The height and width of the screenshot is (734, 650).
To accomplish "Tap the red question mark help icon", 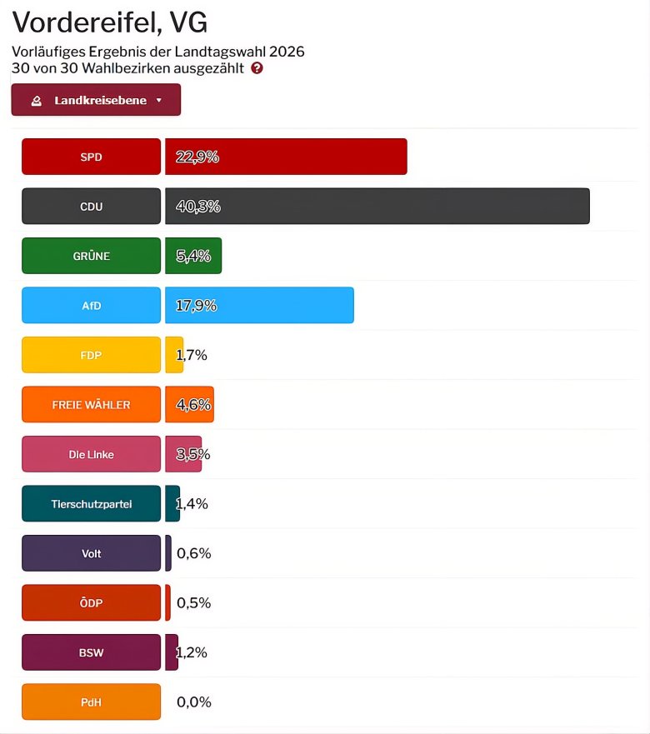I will point(257,68).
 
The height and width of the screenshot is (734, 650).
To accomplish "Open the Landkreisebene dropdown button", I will point(96,100).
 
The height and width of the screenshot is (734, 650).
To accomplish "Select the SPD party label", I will point(91,157).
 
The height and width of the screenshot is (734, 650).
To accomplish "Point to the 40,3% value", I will point(197,206).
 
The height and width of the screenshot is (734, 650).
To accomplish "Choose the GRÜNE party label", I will point(91,256).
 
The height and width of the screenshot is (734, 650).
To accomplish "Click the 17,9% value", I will point(196,305).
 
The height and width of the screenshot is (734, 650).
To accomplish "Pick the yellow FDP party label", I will point(91,355).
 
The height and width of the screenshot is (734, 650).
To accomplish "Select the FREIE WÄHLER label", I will point(91,405).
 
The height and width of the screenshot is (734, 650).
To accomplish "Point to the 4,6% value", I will point(193,405).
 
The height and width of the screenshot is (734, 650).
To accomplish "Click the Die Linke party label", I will point(91,454).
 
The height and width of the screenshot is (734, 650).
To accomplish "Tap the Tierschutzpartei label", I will point(91,504).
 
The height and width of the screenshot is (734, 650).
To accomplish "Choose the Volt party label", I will point(91,553).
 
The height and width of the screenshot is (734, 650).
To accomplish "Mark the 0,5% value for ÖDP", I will point(193,603).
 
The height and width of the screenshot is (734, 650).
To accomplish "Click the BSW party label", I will point(91,652).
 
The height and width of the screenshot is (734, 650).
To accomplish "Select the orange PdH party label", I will point(91,702).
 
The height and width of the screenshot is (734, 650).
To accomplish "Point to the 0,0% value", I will point(193,702).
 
